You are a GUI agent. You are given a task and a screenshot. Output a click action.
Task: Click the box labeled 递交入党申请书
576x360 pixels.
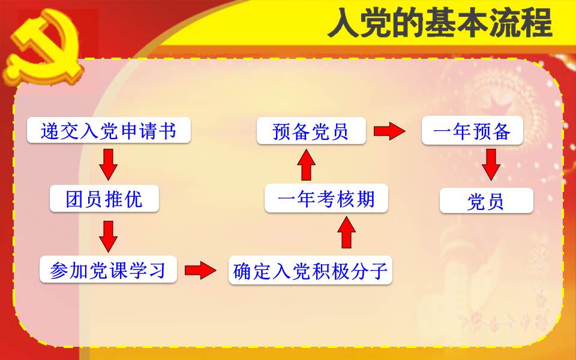(109, 130)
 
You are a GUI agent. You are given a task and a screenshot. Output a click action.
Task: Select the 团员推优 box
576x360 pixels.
(104, 199)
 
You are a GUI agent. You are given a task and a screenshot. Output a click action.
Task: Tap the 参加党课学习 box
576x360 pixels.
(108, 269)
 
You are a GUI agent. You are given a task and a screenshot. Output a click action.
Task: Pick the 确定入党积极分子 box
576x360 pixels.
(310, 271)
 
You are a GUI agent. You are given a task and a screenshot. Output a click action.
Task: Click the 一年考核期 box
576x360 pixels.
(326, 199)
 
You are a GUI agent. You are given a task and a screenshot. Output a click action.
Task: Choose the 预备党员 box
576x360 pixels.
(311, 131)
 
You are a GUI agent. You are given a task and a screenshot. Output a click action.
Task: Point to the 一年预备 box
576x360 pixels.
(472, 130)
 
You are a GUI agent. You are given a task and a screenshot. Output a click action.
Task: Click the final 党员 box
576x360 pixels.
(487, 200)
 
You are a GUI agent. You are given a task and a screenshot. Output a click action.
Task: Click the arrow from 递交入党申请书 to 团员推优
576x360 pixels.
(109, 164)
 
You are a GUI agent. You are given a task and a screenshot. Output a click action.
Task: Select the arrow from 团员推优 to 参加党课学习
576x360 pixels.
(109, 236)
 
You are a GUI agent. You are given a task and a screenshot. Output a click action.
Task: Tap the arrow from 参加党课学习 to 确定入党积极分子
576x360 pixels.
(200, 271)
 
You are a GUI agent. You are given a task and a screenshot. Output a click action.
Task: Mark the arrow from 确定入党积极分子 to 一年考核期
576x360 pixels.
(346, 232)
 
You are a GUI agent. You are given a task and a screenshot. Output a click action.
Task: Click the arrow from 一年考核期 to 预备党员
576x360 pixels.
(307, 164)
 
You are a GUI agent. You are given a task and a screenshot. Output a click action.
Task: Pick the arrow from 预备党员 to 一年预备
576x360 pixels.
(389, 131)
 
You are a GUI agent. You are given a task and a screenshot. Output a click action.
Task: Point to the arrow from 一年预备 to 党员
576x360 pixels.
(491, 164)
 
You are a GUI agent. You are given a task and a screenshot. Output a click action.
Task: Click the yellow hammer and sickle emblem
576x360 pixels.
(44, 46)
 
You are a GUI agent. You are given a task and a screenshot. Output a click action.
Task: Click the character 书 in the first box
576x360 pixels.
(167, 130)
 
